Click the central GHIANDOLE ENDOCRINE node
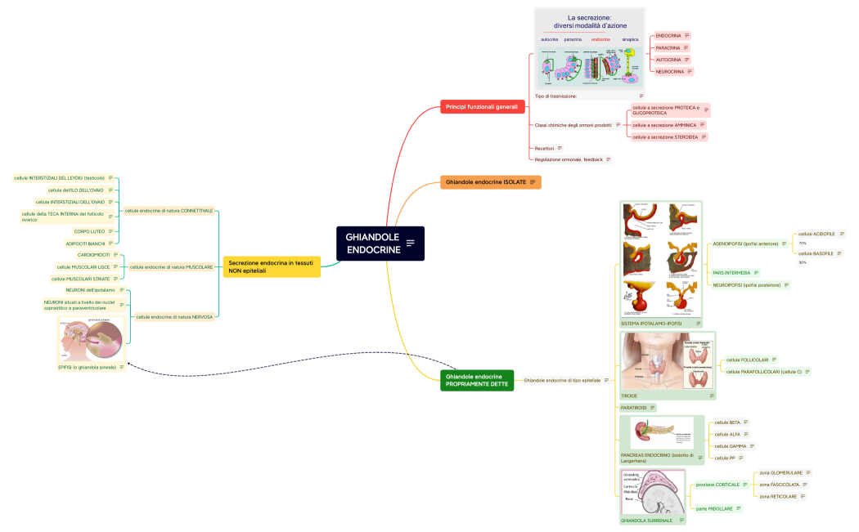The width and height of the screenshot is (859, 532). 373,243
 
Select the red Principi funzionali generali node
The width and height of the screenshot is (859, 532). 481,107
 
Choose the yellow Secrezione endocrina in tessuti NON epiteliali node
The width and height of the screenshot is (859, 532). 271,266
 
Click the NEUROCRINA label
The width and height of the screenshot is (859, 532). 670,72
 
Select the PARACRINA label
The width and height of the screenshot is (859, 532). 668,47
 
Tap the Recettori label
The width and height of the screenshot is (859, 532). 544,148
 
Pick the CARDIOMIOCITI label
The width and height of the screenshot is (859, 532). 93,255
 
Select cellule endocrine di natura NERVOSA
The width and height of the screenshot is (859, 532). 173,316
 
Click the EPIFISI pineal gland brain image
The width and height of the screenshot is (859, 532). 92,339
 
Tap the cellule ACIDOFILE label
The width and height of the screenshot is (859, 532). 816,234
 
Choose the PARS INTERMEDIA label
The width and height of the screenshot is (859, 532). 731,272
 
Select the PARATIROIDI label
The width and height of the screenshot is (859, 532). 634,407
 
